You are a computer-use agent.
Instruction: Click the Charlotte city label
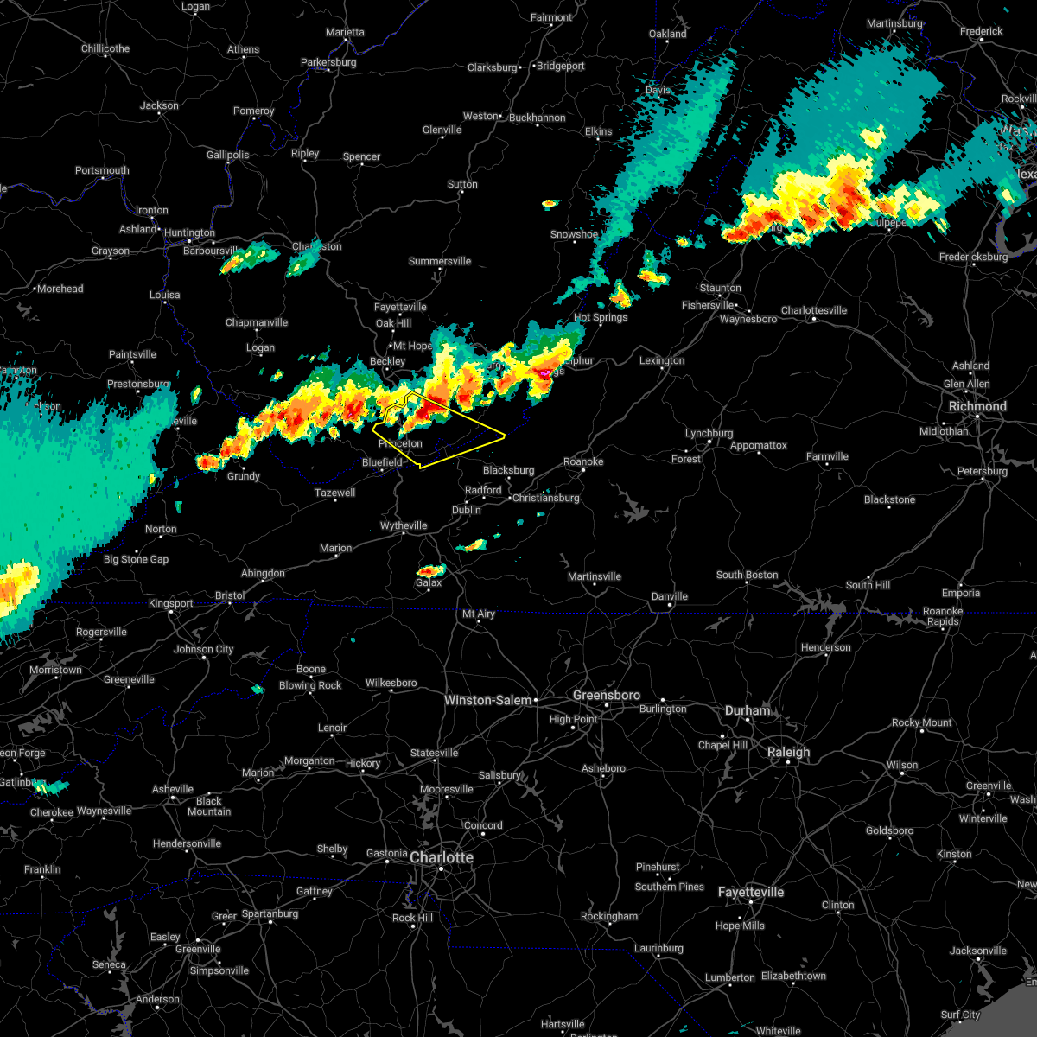tap(442, 858)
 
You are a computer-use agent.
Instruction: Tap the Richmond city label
tap(977, 406)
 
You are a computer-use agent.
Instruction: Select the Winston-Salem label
tap(488, 700)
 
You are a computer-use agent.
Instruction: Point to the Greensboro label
tap(607, 696)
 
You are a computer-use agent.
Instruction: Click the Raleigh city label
tap(789, 752)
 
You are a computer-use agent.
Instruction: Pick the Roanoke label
tap(583, 461)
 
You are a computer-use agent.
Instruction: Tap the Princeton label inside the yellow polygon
tap(401, 443)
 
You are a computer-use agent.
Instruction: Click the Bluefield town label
tap(382, 462)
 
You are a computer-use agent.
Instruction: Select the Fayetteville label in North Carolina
tap(751, 892)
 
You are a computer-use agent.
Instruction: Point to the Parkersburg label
tap(328, 62)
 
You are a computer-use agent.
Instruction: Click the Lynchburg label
tap(709, 433)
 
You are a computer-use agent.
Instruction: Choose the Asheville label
tap(173, 789)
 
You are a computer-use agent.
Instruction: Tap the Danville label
tap(670, 596)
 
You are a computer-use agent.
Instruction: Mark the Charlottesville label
tap(814, 310)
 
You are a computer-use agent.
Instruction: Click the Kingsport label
tap(171, 603)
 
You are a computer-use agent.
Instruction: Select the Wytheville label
tap(404, 525)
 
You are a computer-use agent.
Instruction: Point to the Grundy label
tap(244, 476)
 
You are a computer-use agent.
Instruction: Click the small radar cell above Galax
tap(430, 570)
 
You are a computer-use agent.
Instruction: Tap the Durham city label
tap(748, 710)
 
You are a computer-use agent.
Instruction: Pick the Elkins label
tap(599, 131)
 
